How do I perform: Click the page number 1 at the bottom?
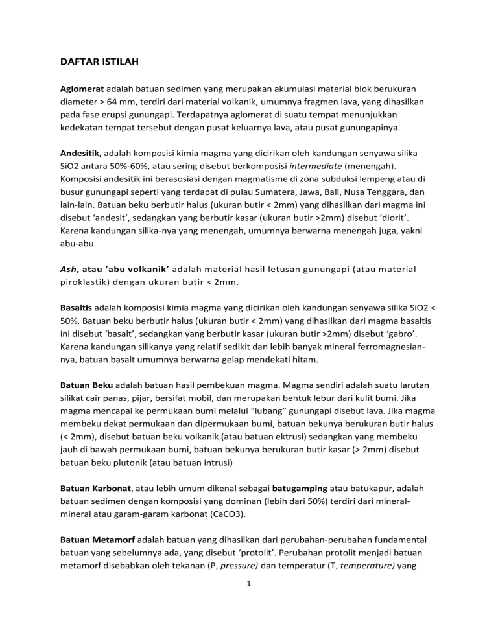point(249,617)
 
